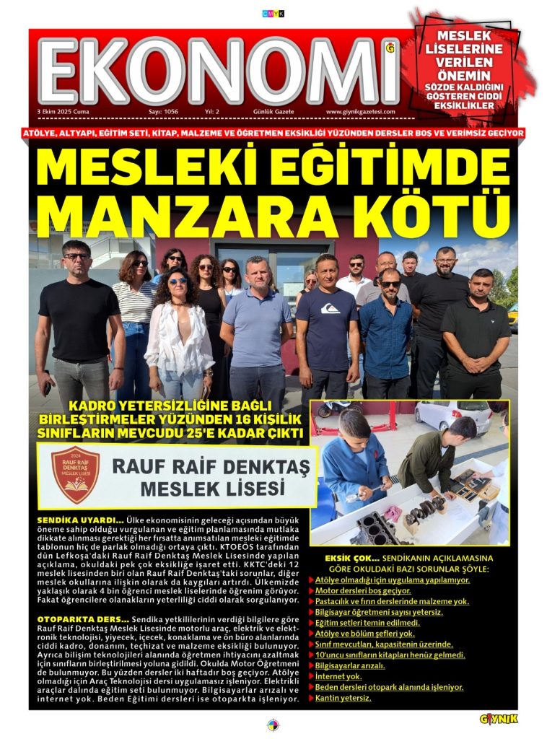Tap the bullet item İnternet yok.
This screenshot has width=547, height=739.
338,676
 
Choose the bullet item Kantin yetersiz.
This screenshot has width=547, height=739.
343,699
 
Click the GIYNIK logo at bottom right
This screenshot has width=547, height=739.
499,719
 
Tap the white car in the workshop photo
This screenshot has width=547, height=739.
448,416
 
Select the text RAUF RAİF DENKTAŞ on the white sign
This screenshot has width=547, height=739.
214,465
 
